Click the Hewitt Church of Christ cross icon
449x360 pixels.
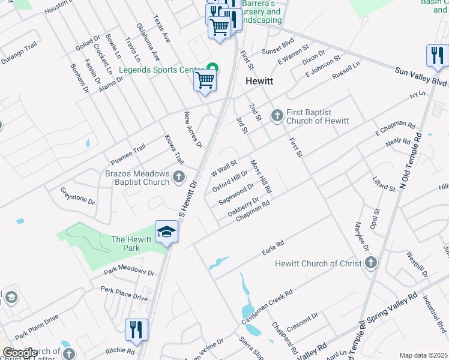point(371,263)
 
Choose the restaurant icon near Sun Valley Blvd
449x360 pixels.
point(436,56)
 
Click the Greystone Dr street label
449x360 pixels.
point(77,195)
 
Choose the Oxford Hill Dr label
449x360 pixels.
point(230,181)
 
